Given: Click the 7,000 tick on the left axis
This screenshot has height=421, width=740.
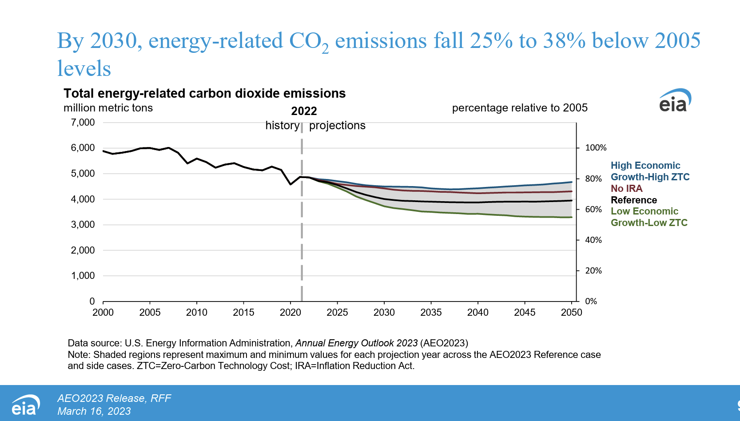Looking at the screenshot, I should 83,123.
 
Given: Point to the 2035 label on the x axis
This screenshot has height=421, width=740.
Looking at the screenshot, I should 431,313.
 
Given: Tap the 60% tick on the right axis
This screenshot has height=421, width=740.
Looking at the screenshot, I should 593,209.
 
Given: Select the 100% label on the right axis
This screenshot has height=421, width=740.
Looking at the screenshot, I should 595,148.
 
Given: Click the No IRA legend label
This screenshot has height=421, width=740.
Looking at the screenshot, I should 626,189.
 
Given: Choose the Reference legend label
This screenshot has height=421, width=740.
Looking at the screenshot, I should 633,200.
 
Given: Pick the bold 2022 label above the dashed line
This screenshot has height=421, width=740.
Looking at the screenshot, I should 304,111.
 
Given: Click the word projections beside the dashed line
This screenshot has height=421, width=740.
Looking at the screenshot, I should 337,126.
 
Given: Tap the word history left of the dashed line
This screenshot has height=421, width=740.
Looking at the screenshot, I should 282,126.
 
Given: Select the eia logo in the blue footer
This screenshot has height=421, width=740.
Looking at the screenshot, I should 25,405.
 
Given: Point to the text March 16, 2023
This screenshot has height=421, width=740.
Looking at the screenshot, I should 94,411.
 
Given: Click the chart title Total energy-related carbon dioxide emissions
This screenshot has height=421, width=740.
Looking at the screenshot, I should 204,93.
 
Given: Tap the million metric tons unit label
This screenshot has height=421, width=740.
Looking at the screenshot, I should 108,108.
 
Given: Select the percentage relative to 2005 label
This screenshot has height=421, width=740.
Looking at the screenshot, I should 519,108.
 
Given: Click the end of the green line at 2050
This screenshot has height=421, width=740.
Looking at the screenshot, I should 572,217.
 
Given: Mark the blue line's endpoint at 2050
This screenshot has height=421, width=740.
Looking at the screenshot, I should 572,182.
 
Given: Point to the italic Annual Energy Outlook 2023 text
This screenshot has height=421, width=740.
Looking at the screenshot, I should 356,343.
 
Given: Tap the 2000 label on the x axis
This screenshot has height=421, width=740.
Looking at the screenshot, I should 103,313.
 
